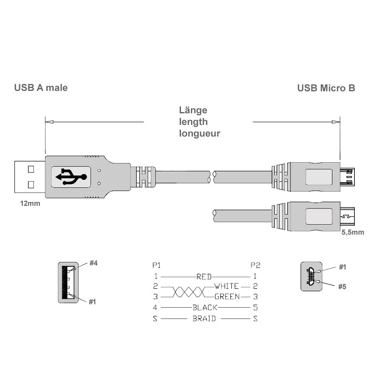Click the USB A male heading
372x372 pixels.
point(41,88)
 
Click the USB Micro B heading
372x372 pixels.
point(326,88)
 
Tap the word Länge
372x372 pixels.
point(193,111)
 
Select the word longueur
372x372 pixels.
point(199,134)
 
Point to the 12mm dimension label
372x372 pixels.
point(30,203)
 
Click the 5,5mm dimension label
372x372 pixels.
point(353,233)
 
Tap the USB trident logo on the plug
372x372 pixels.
point(71,177)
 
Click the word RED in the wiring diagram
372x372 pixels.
point(204,277)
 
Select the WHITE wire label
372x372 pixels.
point(227,286)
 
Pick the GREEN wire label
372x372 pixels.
point(227,297)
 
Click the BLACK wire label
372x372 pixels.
point(205,308)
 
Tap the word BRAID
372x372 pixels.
point(204,319)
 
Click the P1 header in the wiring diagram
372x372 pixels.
point(156,265)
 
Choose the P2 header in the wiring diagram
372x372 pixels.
point(255,265)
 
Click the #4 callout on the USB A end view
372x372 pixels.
point(93,263)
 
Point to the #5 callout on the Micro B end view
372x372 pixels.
point(342,287)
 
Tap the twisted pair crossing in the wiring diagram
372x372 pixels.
point(188,292)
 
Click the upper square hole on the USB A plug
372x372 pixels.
point(31,169)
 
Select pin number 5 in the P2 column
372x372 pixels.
point(255,308)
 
